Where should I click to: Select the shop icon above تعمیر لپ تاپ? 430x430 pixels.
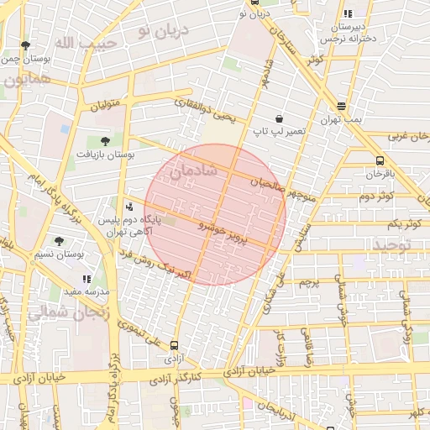tap(279, 119)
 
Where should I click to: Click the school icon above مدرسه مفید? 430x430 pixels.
tap(87, 278)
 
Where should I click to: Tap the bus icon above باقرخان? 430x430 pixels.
tap(380, 160)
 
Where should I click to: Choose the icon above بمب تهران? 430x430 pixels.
tap(341, 107)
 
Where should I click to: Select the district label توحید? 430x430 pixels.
tap(406, 244)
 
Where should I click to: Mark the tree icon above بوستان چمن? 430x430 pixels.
tap(27, 46)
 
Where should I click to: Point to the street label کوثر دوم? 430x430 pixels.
tap(377, 196)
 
